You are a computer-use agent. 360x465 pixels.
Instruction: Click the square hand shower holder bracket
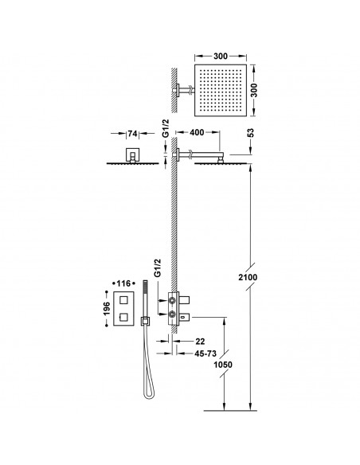pos(145,321)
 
